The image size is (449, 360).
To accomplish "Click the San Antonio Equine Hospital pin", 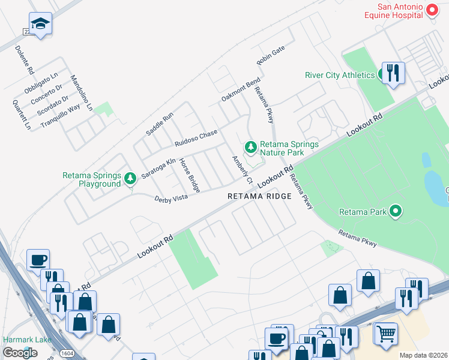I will (x=431, y=10).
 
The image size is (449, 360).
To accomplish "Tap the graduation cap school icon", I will (x=40, y=24).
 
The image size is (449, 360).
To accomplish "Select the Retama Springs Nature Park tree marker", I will (x=250, y=147).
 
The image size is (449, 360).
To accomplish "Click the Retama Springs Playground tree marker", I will (x=130, y=178).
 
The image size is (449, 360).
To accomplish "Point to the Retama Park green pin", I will (x=395, y=211).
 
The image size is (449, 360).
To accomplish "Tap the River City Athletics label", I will (x=340, y=75).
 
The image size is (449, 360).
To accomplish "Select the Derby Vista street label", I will (x=171, y=198).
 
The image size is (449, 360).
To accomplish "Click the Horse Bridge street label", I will (x=189, y=175).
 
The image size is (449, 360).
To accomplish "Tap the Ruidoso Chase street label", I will (x=196, y=138).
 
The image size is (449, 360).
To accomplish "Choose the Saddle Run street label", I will (x=160, y=123).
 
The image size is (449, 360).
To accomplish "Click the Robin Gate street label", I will (x=270, y=57).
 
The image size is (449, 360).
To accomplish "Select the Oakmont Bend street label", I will (x=241, y=89).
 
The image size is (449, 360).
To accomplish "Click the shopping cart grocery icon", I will (x=386, y=333).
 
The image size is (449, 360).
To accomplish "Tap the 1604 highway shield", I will (x=68, y=353).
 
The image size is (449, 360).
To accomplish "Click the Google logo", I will (x=20, y=353).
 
